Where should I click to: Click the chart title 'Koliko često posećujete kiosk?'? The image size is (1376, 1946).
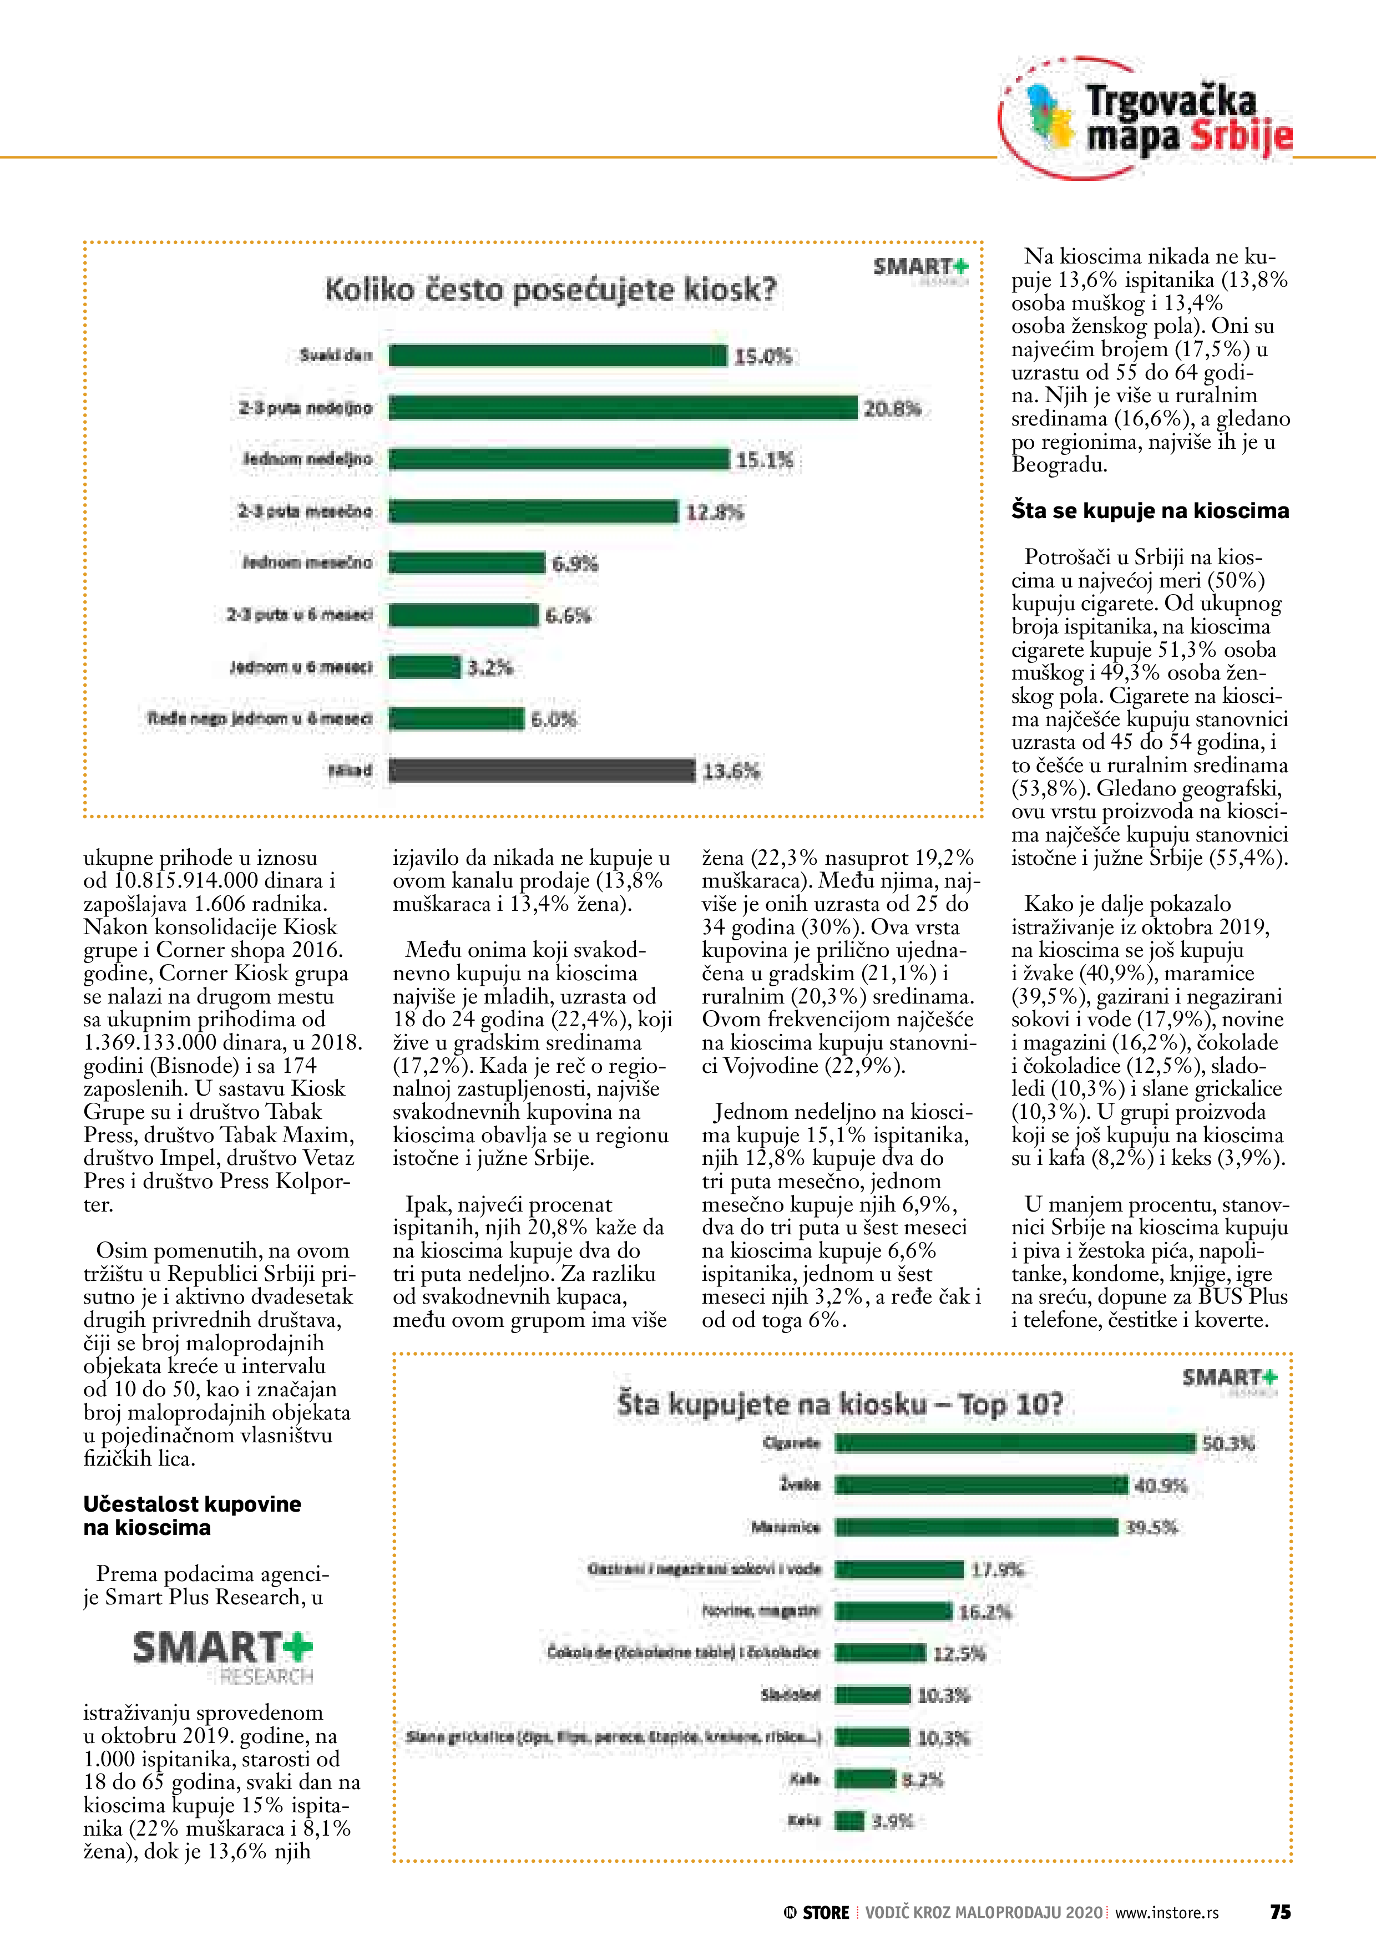click(550, 290)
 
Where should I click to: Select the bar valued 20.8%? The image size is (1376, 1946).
click(623, 408)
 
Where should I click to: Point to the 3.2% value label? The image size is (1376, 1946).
click(490, 668)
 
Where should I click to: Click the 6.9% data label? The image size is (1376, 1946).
click(575, 564)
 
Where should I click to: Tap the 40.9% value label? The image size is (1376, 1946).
click(1160, 1486)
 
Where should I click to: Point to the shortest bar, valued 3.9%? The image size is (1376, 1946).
click(849, 1821)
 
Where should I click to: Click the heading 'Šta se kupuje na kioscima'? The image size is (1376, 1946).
click(1150, 510)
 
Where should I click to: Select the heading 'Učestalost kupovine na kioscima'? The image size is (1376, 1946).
click(193, 1516)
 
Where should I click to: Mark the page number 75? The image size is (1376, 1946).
click(1279, 1912)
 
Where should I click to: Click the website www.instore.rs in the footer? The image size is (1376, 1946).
click(1167, 1913)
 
